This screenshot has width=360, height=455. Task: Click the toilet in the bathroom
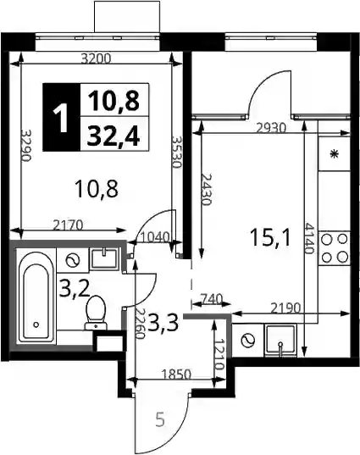tap(96, 313)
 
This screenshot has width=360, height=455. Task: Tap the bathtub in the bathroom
tap(36, 298)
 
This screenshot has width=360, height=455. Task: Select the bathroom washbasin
tap(103, 258)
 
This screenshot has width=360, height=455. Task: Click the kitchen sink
tap(280, 340)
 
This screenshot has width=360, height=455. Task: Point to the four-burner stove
tap(335, 248)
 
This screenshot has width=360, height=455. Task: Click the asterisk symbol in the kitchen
tap(335, 154)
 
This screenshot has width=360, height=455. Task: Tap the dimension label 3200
tap(96, 59)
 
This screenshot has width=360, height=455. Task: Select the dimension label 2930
tap(271, 128)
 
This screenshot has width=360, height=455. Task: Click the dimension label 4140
tap(309, 238)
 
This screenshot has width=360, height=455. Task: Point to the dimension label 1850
tap(176, 374)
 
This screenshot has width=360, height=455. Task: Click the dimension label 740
tap(211, 298)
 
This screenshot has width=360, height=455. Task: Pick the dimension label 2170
tap(69, 225)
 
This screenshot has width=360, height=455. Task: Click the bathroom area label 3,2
tap(75, 288)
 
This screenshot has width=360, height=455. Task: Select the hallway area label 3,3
tap(163, 323)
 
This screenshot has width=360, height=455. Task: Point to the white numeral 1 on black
tap(61, 118)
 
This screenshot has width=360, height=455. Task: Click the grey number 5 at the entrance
tap(160, 420)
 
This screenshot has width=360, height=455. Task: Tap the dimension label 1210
tap(220, 355)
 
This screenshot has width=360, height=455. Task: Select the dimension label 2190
tap(285, 308)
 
